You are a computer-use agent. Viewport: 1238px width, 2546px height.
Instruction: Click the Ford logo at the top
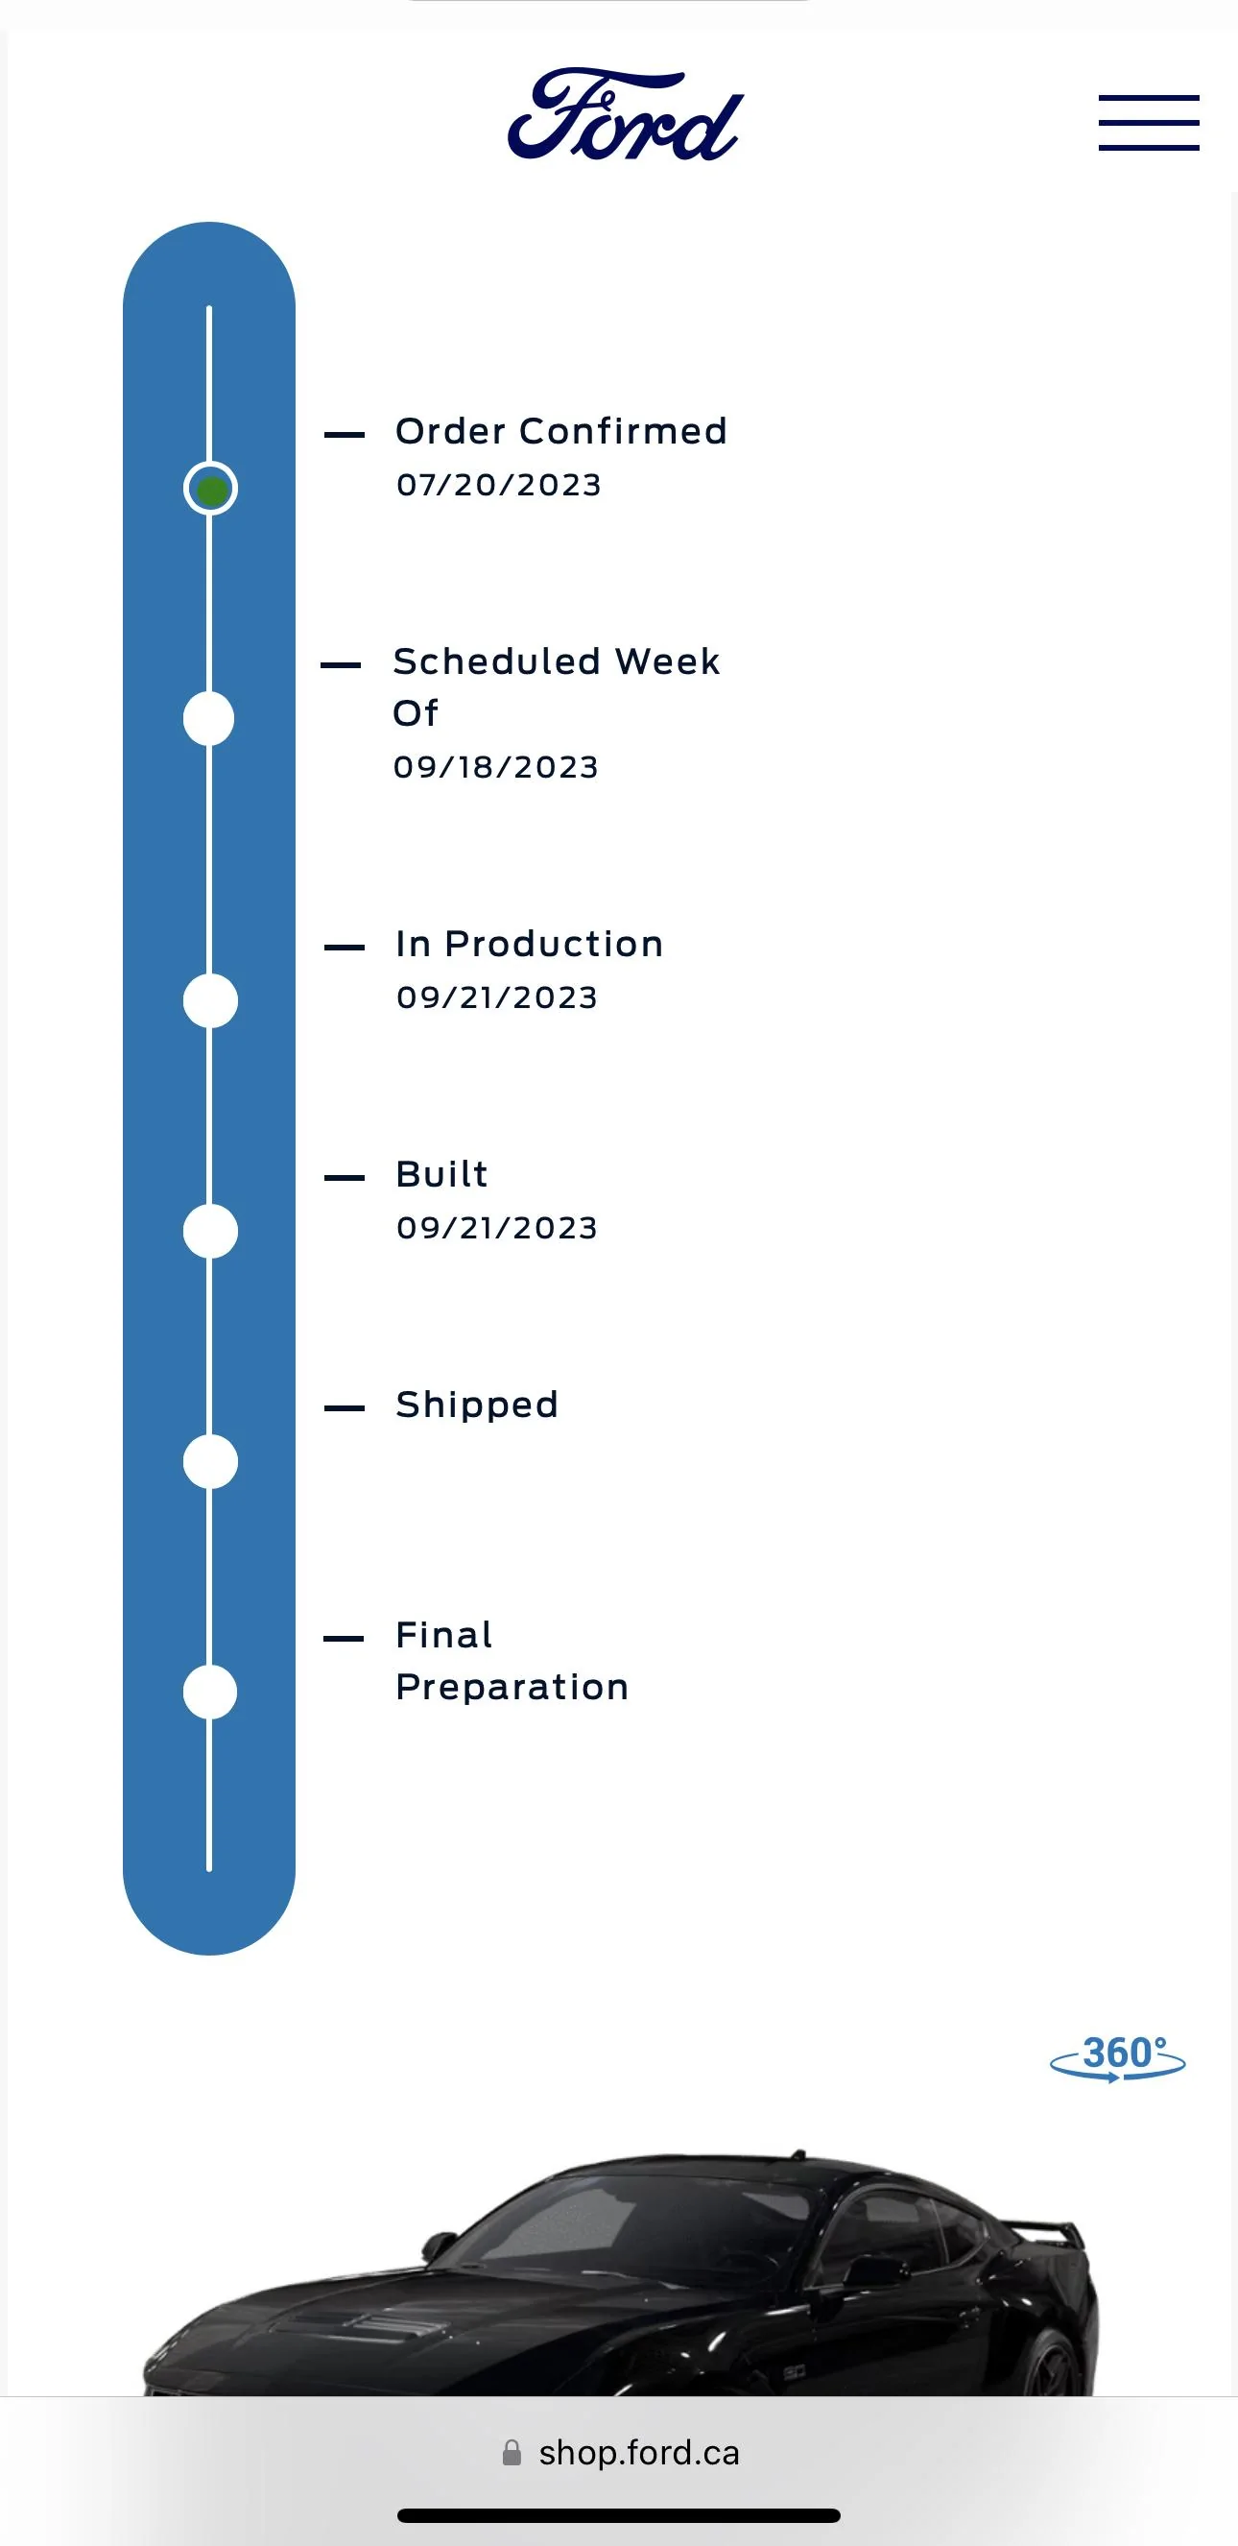(626, 114)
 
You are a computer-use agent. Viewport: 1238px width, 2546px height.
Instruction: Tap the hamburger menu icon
(1148, 123)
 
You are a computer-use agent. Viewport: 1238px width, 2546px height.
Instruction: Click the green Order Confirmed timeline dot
(210, 489)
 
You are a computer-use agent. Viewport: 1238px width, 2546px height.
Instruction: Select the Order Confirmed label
(561, 431)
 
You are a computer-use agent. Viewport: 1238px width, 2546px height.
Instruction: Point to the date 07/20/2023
(499, 484)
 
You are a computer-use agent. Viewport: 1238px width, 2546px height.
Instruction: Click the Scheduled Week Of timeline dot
(208, 718)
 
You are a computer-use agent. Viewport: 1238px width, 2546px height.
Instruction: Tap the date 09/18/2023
(496, 767)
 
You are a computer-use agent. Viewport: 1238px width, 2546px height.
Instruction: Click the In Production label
(530, 944)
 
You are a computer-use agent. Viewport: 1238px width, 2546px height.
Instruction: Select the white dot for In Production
(210, 1001)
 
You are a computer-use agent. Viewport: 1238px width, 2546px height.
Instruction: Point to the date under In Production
(497, 997)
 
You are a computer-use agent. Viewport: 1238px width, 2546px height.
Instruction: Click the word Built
(441, 1174)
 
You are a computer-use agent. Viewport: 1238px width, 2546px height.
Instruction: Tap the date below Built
(497, 1228)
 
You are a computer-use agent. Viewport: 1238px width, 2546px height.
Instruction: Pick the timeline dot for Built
(210, 1232)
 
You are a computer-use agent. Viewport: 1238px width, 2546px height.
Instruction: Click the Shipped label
(477, 1405)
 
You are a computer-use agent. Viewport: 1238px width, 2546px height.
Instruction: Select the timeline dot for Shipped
(210, 1462)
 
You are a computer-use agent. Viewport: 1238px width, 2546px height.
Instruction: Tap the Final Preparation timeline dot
(210, 1693)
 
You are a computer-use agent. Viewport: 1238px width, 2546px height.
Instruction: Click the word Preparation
(512, 1687)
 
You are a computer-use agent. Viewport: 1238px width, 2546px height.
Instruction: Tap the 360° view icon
(1117, 2057)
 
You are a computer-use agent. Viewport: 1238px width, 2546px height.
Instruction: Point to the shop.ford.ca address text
(638, 2453)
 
